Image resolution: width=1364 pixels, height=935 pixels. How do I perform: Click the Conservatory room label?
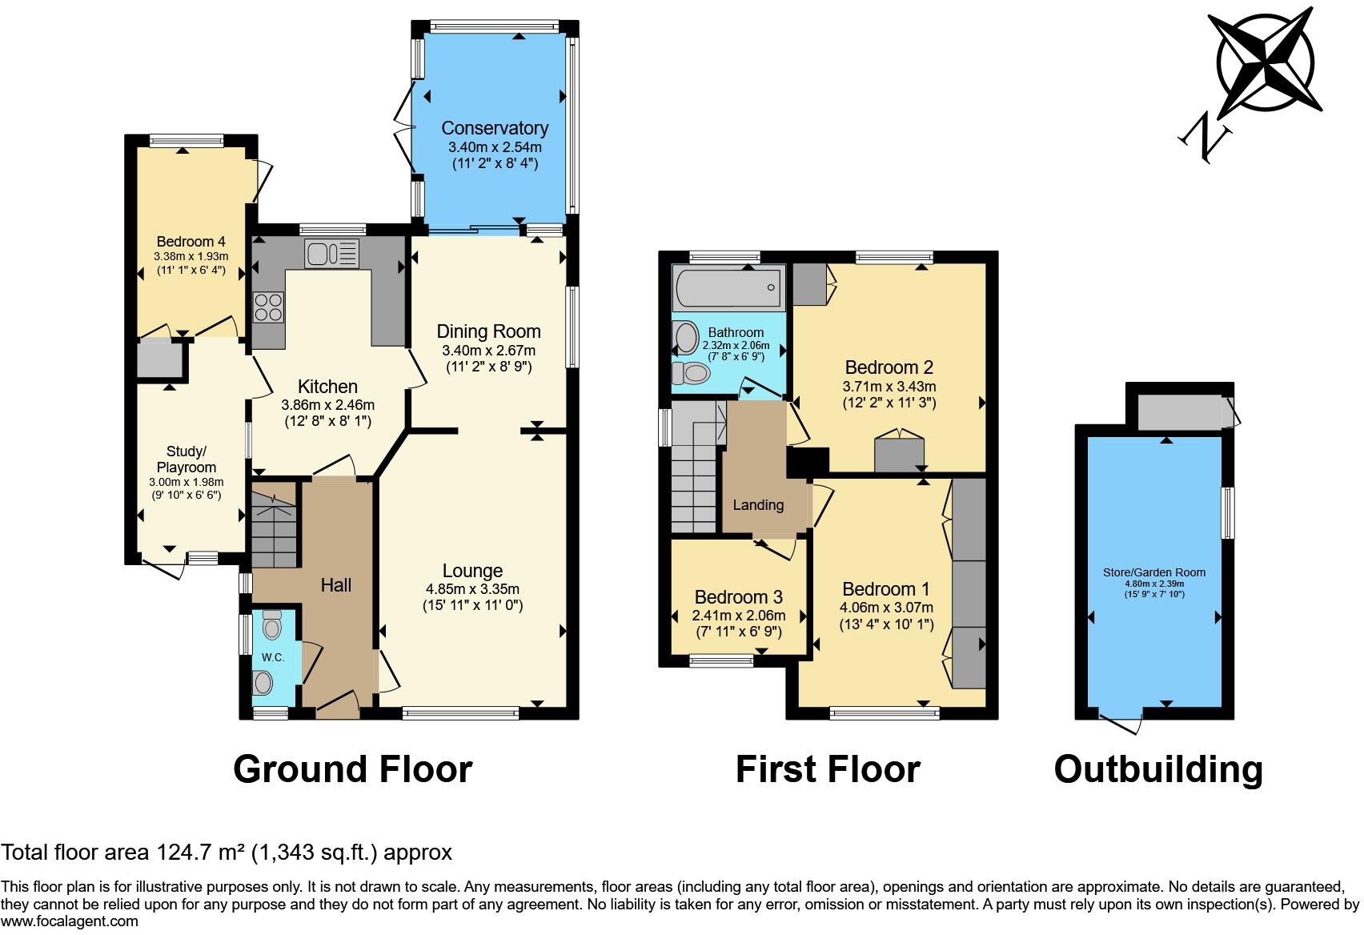[x=495, y=128]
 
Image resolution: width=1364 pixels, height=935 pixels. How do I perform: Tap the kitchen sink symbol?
[x=331, y=255]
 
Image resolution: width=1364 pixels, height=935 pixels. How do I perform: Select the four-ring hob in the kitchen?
[x=269, y=307]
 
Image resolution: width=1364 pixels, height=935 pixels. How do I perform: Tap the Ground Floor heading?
[x=352, y=769]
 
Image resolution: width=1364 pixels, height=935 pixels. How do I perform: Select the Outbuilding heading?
[x=1158, y=769]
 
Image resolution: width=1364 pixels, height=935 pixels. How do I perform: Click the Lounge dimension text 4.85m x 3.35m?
[x=472, y=588]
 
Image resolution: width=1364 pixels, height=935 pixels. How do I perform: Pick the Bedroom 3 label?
[x=738, y=597]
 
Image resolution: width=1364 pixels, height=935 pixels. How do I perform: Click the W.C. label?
[x=273, y=657]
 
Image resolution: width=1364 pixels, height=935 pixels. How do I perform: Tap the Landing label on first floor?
[x=758, y=505]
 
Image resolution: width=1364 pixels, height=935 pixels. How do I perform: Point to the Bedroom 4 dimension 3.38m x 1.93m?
[x=191, y=256]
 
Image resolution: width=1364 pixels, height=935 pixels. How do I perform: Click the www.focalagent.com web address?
[x=70, y=921]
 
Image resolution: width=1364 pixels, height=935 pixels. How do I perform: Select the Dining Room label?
[x=488, y=331]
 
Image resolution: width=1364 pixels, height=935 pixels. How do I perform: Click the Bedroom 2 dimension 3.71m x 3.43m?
[x=889, y=386]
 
